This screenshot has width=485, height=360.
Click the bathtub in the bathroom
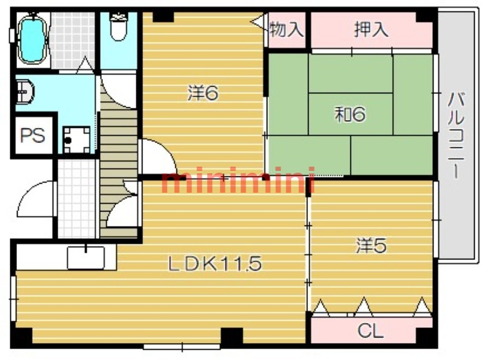33,39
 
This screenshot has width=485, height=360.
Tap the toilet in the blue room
118,27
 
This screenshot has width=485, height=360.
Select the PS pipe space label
33,136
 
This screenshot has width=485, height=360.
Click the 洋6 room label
203,93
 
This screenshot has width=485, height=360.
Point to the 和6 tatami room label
350,114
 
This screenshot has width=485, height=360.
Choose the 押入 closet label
371,30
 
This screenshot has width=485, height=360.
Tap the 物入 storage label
286,30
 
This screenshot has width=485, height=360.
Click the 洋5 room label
371,245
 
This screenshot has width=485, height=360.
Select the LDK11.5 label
215,264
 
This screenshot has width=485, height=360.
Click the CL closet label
370,331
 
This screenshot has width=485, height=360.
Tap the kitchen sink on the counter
86,258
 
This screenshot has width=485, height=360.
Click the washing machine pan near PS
76,140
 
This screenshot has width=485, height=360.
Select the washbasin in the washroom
25,92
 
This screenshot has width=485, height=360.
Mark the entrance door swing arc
31,192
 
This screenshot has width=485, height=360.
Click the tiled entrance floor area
76,199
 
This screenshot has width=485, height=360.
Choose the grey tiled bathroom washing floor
72,40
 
